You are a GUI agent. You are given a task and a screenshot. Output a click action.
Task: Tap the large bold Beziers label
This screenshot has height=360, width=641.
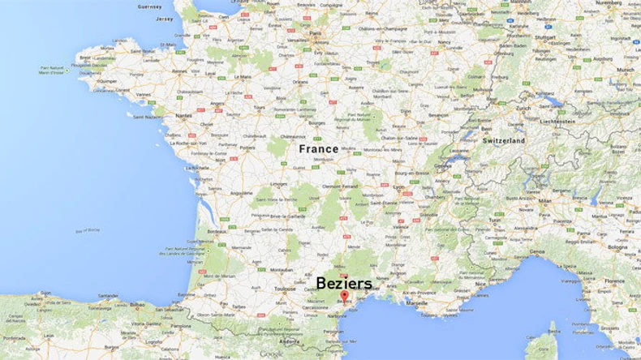(344, 283)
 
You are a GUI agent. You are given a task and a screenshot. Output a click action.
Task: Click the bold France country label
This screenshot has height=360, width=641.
(318, 149)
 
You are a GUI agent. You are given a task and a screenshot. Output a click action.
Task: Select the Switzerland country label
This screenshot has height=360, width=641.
(504, 140)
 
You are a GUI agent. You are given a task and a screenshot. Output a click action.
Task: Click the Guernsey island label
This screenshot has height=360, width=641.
(150, 6)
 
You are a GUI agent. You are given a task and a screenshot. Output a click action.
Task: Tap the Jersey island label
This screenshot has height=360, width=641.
(165, 19)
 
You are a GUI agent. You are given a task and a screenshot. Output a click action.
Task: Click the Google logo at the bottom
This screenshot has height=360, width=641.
(272, 354)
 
